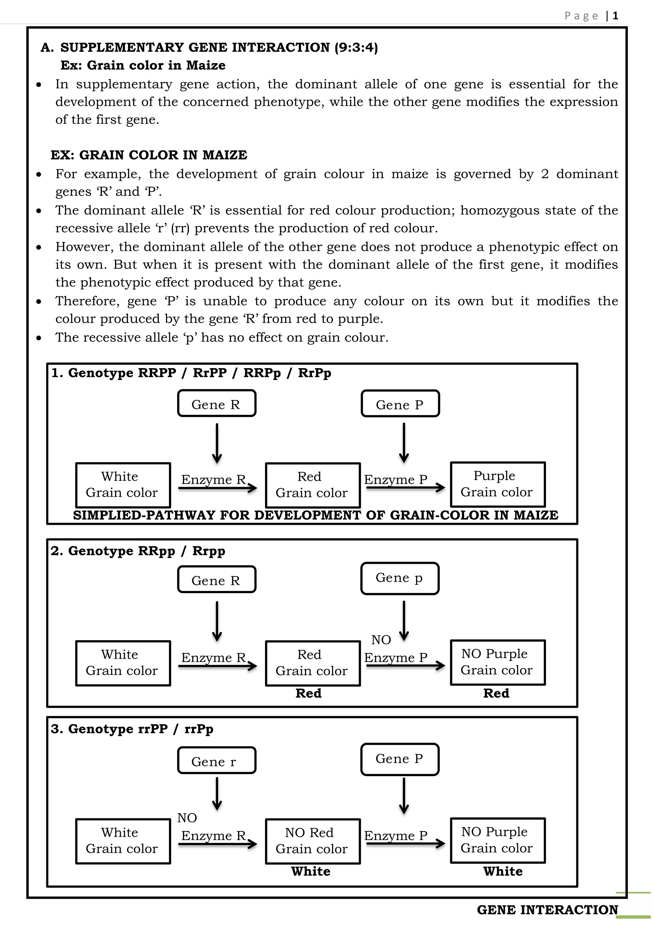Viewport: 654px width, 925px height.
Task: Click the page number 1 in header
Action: tap(615, 16)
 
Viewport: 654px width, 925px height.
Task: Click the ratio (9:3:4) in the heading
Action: tap(356, 48)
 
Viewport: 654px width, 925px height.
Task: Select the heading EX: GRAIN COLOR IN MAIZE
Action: tap(148, 155)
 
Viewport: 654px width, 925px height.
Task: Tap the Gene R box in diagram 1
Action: tap(216, 403)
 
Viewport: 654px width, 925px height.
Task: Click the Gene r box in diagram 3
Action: tap(216, 761)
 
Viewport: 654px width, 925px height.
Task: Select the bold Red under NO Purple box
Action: tap(496, 693)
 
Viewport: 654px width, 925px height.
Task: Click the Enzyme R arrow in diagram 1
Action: tap(217, 488)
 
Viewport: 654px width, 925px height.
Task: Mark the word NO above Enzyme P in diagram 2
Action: tap(381, 640)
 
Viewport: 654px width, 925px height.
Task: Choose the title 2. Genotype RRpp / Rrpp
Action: tap(138, 551)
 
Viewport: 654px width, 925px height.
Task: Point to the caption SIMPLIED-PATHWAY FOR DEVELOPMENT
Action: tap(315, 515)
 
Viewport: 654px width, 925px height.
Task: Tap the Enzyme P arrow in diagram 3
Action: tap(405, 844)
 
